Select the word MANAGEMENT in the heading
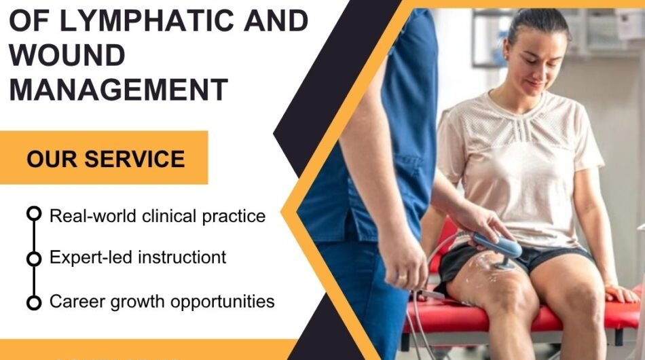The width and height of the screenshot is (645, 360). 118,90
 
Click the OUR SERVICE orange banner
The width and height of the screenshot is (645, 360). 105,159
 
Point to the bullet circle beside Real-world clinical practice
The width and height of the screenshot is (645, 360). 33,215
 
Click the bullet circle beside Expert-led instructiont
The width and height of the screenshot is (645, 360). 33,259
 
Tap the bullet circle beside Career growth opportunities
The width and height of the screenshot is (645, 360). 33,302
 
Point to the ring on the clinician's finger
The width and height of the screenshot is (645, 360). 401,278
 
